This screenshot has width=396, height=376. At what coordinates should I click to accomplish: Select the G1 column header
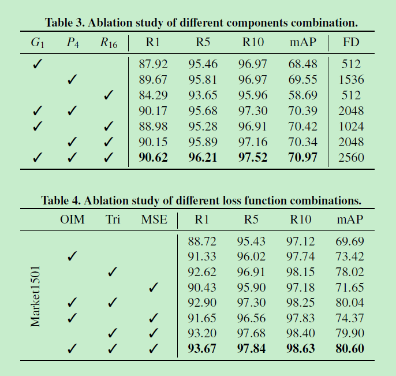(x=37, y=43)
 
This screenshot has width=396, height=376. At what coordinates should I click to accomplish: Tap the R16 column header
(x=108, y=43)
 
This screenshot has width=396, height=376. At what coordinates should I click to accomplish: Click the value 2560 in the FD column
(x=352, y=157)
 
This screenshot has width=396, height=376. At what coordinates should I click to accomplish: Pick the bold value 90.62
(x=153, y=157)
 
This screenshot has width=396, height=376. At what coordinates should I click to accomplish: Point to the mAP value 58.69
(x=303, y=95)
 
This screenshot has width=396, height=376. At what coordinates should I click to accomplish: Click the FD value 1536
(x=352, y=79)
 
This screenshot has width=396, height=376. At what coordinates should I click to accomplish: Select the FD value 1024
(x=352, y=126)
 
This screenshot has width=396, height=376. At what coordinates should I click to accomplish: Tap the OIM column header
(x=72, y=219)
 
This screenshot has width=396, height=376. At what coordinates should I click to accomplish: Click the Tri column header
(x=113, y=219)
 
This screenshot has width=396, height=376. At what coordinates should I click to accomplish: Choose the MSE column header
(x=154, y=219)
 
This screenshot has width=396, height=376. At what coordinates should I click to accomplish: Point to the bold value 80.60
(x=350, y=348)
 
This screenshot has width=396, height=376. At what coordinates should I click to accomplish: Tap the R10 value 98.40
(x=301, y=333)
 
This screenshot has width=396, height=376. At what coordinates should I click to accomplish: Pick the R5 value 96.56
(x=252, y=317)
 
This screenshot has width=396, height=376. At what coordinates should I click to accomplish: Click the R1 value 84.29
(x=153, y=95)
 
